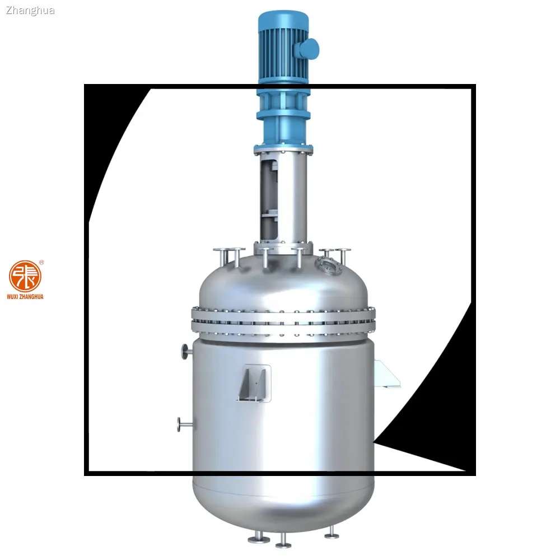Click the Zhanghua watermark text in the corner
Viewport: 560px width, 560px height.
tap(30, 10)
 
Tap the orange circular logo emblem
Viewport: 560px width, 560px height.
tap(25, 276)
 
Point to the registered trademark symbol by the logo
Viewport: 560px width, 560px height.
tap(42, 262)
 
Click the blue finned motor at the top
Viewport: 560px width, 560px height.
tap(283, 48)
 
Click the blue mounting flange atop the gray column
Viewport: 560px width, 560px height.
tap(283, 150)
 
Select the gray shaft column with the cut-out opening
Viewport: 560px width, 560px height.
tap(283, 199)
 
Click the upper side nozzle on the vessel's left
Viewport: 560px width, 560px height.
tap(185, 351)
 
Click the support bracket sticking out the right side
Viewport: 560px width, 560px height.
tap(388, 374)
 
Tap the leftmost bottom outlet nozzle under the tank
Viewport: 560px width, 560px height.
tap(259, 538)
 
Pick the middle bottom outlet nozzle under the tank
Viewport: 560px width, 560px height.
tap(283, 541)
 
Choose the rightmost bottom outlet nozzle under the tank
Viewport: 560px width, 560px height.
tap(332, 533)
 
